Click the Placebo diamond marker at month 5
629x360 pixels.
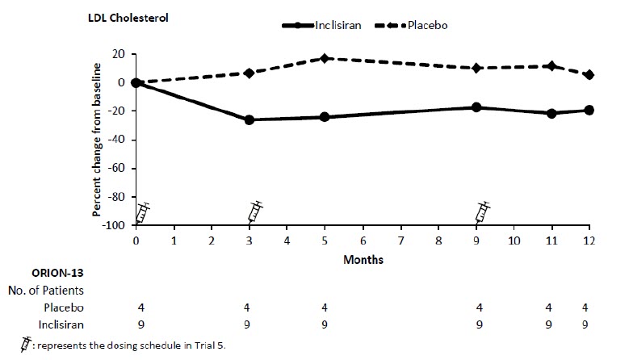coord(325,58)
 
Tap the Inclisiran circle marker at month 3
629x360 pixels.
coord(249,119)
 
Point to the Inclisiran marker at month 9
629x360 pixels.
coord(476,107)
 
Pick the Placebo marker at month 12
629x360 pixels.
coord(589,75)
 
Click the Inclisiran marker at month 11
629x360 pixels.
coord(551,113)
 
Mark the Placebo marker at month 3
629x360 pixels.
coord(249,73)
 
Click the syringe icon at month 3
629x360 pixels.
coord(255,211)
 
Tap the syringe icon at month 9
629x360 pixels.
coord(482,211)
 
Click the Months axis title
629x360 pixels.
coord(363,260)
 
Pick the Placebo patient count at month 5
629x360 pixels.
coord(325,307)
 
